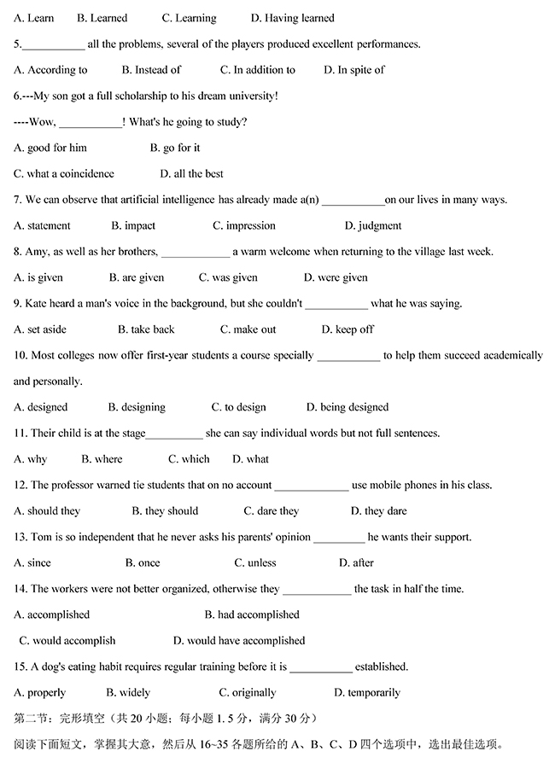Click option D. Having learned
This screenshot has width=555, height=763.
[292, 18]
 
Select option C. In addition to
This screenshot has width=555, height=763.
[257, 70]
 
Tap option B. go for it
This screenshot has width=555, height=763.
[175, 148]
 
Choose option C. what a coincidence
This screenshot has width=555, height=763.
[64, 173]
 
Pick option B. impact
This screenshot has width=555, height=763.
[133, 225]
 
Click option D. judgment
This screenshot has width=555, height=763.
[372, 225]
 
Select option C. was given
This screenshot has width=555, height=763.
[228, 277]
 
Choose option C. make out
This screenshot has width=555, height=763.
[248, 329]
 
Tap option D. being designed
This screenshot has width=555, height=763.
[347, 407]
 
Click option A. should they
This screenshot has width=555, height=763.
[47, 511]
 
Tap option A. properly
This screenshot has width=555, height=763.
[40, 692]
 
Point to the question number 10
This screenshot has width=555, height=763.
[20, 355]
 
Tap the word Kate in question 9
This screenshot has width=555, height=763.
[40, 303]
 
